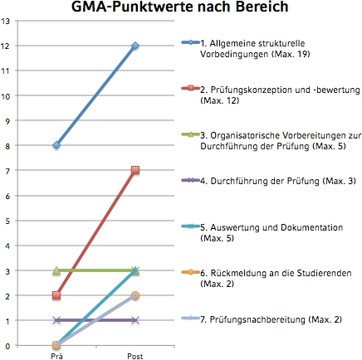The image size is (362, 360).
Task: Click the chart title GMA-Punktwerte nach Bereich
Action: (180, 7)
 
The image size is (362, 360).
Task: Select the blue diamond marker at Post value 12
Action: (135, 46)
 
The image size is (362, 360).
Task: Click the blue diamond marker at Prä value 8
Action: (56, 145)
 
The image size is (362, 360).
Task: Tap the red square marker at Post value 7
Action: (135, 170)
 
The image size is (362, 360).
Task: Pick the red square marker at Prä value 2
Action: (56, 295)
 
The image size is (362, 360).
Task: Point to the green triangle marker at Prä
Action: (56, 270)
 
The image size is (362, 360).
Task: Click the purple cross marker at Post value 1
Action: (135, 320)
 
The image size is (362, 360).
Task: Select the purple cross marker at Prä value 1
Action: (56, 320)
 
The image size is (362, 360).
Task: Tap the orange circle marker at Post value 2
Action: (135, 295)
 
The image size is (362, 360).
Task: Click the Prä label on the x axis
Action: (56, 356)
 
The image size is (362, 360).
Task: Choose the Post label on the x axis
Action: (135, 356)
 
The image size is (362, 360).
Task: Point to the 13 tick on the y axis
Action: (5, 21)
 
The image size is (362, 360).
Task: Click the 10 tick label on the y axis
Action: (5, 96)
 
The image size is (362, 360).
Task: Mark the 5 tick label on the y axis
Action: (7, 221)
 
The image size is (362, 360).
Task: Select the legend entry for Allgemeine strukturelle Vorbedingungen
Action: (246, 48)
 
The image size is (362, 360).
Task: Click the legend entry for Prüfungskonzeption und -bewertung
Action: (271, 95)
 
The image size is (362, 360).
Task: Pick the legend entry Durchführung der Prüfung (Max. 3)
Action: (269, 181)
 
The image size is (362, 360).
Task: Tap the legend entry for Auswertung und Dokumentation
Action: (262, 232)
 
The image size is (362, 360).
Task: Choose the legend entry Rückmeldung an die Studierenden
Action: (267, 278)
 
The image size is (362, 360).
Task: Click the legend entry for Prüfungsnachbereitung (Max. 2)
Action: (262, 319)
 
